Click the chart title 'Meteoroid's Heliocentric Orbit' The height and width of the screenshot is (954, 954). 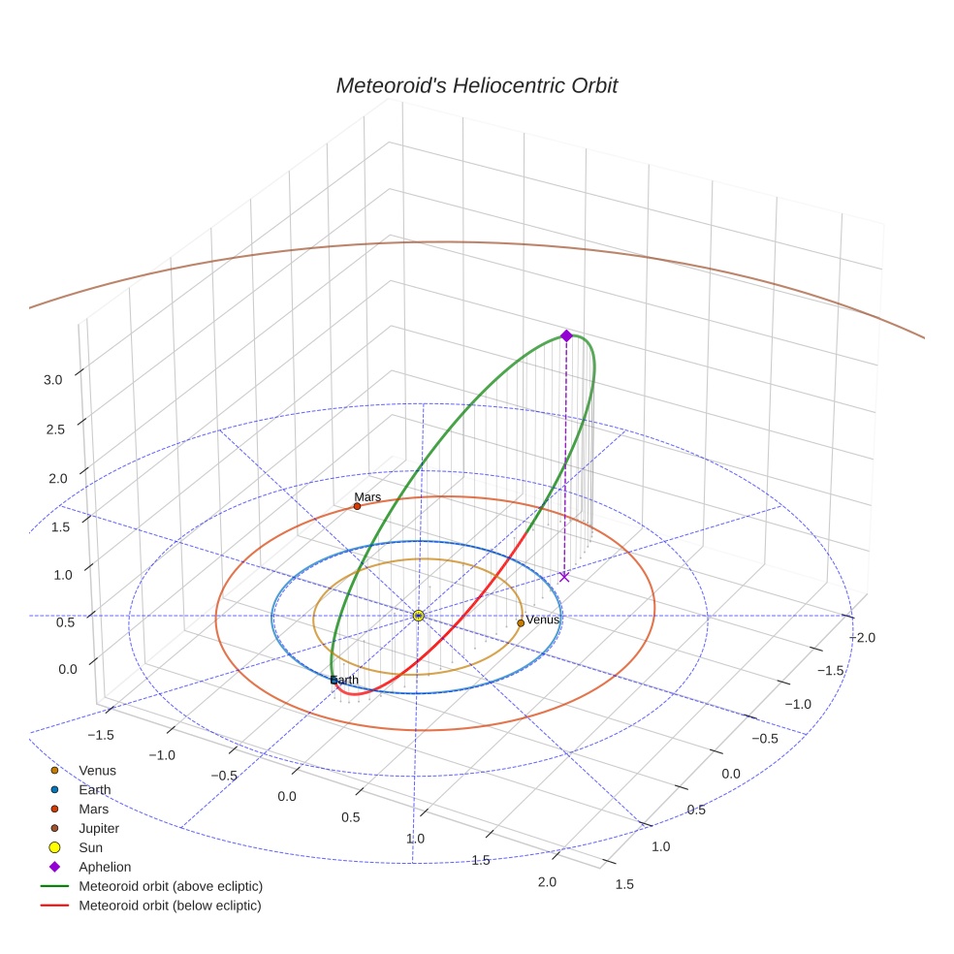point(476,85)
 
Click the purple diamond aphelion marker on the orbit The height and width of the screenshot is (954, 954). point(566,335)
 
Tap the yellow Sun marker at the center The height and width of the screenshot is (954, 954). point(418,616)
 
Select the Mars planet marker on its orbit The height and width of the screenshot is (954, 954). point(357,506)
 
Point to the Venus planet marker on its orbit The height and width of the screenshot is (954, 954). point(521,622)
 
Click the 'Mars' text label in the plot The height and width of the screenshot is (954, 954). point(367,496)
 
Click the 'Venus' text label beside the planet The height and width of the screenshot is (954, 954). point(543,620)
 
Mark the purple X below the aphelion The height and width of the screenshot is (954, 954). point(564,577)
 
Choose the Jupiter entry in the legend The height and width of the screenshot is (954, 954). point(99,828)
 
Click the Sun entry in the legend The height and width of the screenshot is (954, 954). point(90,847)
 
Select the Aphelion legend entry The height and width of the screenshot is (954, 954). point(105,867)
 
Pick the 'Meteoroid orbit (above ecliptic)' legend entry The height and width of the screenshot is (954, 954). point(171,886)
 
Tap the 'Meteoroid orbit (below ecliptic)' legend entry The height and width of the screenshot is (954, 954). point(170,906)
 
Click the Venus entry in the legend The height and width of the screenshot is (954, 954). point(97,770)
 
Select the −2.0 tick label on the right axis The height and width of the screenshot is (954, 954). point(863,637)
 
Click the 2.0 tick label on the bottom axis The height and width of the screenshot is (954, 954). point(547,881)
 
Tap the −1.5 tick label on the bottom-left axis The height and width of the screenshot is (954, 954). point(99,735)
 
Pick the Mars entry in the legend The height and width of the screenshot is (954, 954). point(94,809)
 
